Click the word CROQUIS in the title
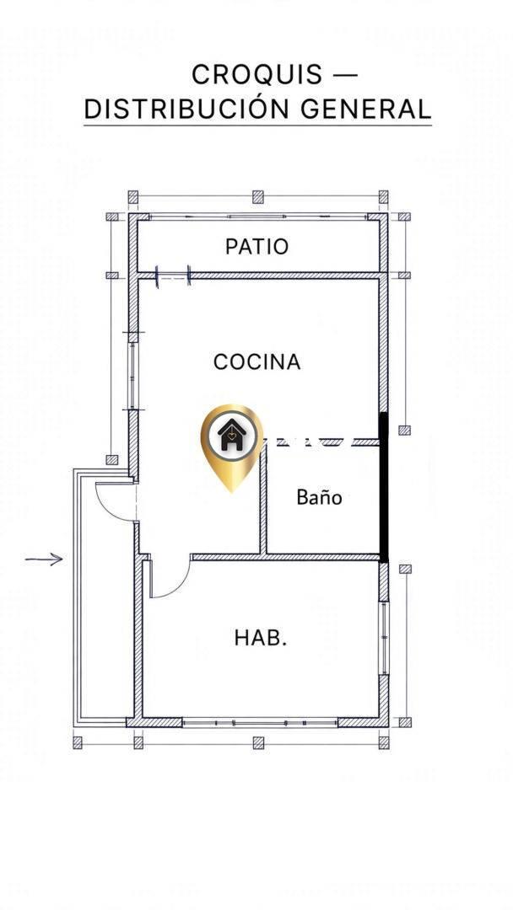[256, 75]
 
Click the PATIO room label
[256, 247]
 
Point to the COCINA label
[256, 361]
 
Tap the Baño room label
[319, 497]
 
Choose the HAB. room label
[261, 637]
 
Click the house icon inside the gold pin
[231, 436]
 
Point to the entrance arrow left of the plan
[44, 559]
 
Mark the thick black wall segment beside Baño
[383, 488]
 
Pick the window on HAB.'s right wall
[384, 638]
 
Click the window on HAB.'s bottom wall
[260, 723]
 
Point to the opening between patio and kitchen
[173, 275]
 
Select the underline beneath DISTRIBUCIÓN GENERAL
[258, 125]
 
